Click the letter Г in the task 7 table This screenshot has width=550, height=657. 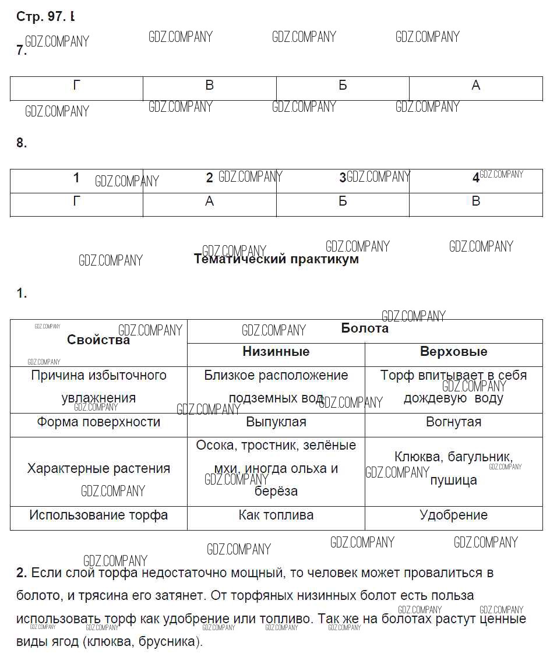click(x=76, y=86)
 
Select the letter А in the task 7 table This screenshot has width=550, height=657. click(x=475, y=86)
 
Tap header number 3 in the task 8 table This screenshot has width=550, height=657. click(x=343, y=178)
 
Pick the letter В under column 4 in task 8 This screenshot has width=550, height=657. click(x=475, y=202)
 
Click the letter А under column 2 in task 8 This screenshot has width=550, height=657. click(x=210, y=202)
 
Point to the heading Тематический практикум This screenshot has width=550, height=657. click(x=276, y=259)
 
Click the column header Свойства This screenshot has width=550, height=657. click(x=98, y=340)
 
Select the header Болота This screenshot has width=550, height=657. click(x=365, y=328)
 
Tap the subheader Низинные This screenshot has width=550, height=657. click(x=276, y=352)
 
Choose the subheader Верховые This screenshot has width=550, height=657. click(x=453, y=352)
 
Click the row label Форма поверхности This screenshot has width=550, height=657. click(x=98, y=422)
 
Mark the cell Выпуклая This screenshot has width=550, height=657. click(x=276, y=422)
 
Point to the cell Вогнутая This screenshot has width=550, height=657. click(x=453, y=422)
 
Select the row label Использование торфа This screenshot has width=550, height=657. click(x=98, y=515)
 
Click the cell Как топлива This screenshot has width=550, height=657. click(x=276, y=515)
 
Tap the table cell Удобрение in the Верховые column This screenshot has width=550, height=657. click(x=453, y=515)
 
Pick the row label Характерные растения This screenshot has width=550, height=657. click(x=98, y=468)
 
